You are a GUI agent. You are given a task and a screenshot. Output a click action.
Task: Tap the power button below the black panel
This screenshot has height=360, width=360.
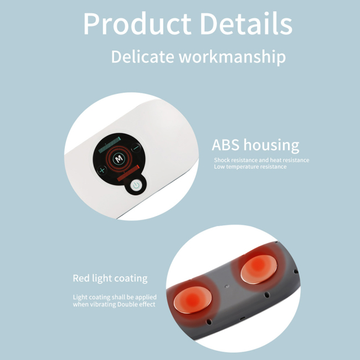pos(136,186)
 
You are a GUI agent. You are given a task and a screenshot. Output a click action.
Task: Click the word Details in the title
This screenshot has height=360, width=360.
pos(246,24)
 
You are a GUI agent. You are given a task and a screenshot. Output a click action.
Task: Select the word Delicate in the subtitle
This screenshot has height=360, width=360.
pos(142,56)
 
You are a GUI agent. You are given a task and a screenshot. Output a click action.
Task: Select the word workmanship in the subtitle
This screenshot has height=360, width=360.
pos(233,57)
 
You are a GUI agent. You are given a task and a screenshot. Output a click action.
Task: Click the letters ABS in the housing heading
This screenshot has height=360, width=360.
pos(226,146)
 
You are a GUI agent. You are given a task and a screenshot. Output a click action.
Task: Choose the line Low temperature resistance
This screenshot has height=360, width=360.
pos(250,167)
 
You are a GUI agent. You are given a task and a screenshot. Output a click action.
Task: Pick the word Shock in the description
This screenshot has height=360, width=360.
pos(222,160)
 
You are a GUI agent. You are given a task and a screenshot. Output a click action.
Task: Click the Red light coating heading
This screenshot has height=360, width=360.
pos(110,278)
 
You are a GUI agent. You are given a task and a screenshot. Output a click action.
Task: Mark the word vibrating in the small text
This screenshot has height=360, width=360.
pos(103,305)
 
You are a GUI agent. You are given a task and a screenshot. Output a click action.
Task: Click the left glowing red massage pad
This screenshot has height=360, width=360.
pos(190,299)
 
